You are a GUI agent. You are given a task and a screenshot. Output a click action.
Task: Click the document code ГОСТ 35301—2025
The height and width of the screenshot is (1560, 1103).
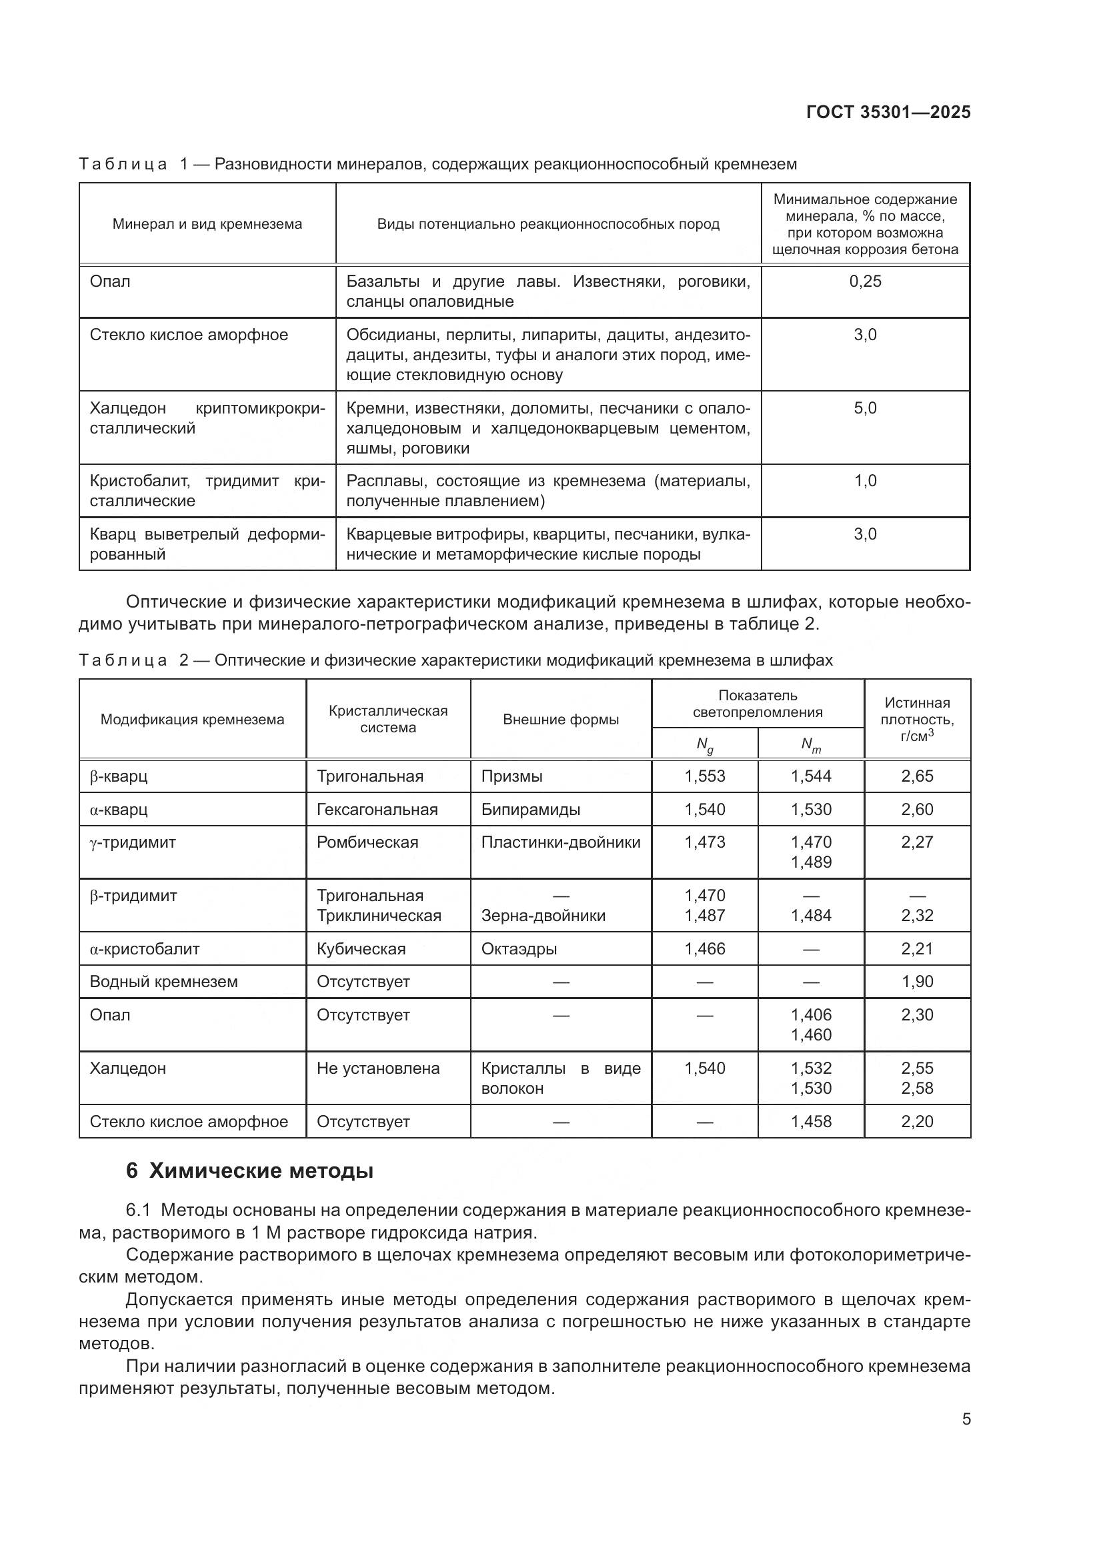point(888,112)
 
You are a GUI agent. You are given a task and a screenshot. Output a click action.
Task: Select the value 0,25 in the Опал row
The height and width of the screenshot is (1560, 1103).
point(865,281)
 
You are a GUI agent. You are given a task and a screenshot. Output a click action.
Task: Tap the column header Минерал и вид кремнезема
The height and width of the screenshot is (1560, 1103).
point(207,224)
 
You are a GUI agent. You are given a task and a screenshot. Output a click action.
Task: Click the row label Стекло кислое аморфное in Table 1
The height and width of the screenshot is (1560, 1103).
point(189,335)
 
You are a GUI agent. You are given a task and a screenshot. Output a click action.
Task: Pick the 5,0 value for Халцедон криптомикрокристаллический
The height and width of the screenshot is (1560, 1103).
point(865,408)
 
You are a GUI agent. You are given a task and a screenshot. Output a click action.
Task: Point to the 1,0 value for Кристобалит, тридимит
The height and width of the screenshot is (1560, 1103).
point(865,481)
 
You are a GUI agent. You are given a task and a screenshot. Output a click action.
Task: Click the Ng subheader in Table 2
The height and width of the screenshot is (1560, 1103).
point(704,746)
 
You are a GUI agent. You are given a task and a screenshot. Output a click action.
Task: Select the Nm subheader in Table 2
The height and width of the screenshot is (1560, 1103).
point(810,746)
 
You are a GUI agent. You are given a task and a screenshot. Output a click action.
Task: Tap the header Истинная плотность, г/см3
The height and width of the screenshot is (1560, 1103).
point(917,719)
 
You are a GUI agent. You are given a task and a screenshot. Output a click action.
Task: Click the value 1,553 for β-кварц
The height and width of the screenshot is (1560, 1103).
point(704,776)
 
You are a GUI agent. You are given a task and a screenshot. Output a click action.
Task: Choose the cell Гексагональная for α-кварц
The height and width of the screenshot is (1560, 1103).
point(377,809)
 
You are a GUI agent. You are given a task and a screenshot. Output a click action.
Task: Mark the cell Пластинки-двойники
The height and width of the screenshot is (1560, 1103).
point(560,842)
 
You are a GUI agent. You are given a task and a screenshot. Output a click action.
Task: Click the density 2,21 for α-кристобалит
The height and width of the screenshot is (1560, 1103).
point(917,948)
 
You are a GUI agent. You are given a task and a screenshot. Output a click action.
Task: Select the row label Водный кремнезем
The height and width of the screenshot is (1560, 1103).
point(163,982)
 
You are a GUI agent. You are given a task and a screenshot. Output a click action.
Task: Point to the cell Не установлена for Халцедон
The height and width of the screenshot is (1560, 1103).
point(377,1068)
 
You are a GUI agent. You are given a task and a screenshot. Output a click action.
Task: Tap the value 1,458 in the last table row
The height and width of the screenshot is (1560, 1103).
point(810,1121)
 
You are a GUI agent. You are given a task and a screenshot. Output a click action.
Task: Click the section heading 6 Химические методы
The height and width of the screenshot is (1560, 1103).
point(249,1171)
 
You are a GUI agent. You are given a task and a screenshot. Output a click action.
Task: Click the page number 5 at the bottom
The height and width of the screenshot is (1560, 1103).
point(966,1419)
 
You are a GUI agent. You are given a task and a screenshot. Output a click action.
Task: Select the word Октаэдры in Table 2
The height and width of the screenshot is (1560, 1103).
point(519,948)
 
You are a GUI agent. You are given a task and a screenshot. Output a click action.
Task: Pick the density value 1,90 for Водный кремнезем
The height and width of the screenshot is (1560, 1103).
point(917,982)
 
